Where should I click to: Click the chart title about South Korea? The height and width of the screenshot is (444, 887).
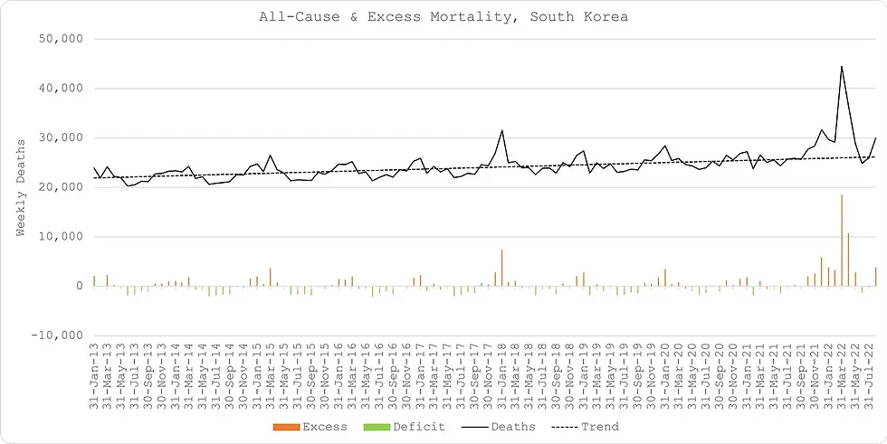click(443, 17)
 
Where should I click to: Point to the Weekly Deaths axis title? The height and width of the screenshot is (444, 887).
click(21, 187)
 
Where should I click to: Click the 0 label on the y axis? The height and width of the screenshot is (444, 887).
click(80, 287)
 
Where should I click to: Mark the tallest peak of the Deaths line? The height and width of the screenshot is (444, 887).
click(842, 66)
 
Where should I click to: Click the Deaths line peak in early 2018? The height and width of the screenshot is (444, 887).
click(502, 130)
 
